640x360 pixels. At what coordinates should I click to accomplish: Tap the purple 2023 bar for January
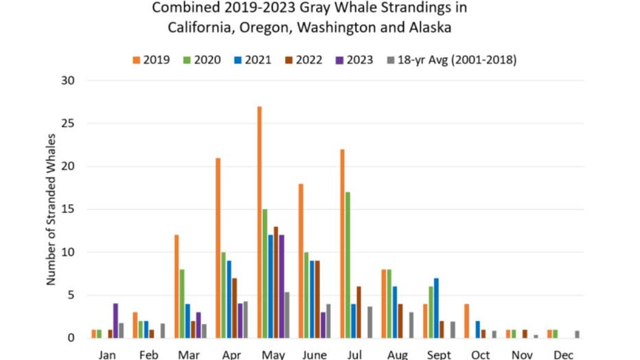point(115,321)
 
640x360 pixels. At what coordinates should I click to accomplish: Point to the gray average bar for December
point(578,335)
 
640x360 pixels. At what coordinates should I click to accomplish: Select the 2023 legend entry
point(355,60)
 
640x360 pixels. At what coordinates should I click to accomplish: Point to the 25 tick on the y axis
point(67,124)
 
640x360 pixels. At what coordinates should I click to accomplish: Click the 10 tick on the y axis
point(67,252)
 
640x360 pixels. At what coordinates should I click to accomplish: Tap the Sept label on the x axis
point(439,355)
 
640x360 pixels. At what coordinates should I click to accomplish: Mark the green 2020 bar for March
point(182,304)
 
